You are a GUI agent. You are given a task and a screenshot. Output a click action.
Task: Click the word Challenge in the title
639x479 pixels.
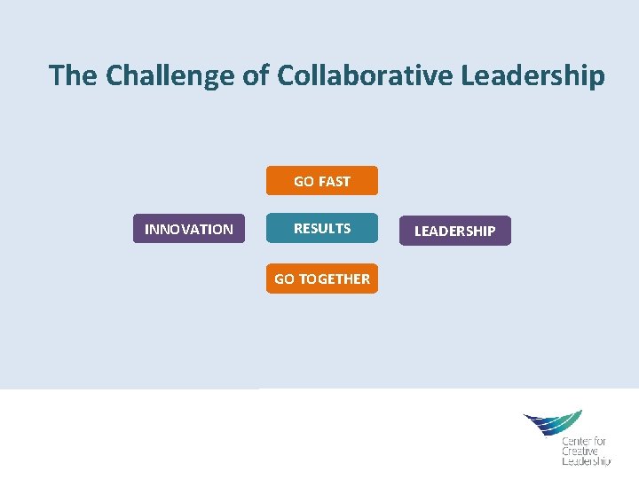[171, 76]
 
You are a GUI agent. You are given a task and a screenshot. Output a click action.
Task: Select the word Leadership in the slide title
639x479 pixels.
[532, 76]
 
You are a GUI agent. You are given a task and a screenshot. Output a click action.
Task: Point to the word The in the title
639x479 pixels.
[74, 76]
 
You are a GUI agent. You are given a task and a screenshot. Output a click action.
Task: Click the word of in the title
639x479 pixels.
[256, 76]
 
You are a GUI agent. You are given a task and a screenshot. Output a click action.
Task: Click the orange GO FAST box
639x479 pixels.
[322, 181]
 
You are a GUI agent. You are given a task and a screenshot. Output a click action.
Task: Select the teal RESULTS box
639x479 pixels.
[322, 229]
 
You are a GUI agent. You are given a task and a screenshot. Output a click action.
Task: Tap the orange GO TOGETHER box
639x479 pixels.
[322, 279]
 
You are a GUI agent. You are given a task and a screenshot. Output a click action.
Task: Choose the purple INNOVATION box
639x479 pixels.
[189, 230]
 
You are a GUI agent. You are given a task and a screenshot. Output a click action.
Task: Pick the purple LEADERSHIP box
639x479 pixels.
[455, 231]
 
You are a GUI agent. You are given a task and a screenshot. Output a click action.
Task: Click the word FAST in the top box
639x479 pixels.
[335, 181]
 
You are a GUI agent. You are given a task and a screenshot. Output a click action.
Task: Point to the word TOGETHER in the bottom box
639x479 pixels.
[335, 279]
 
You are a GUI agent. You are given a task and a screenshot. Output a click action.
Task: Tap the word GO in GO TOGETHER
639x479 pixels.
[284, 279]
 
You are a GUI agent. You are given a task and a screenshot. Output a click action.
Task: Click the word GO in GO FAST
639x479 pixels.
[304, 181]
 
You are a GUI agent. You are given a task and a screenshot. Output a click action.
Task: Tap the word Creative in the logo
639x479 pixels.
[580, 452]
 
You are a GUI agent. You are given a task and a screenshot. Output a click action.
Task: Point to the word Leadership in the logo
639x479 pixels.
[586, 461]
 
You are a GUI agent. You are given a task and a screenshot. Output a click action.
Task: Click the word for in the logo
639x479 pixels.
[600, 441]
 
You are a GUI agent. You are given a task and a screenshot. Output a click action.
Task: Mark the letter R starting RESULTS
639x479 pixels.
[298, 229]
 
